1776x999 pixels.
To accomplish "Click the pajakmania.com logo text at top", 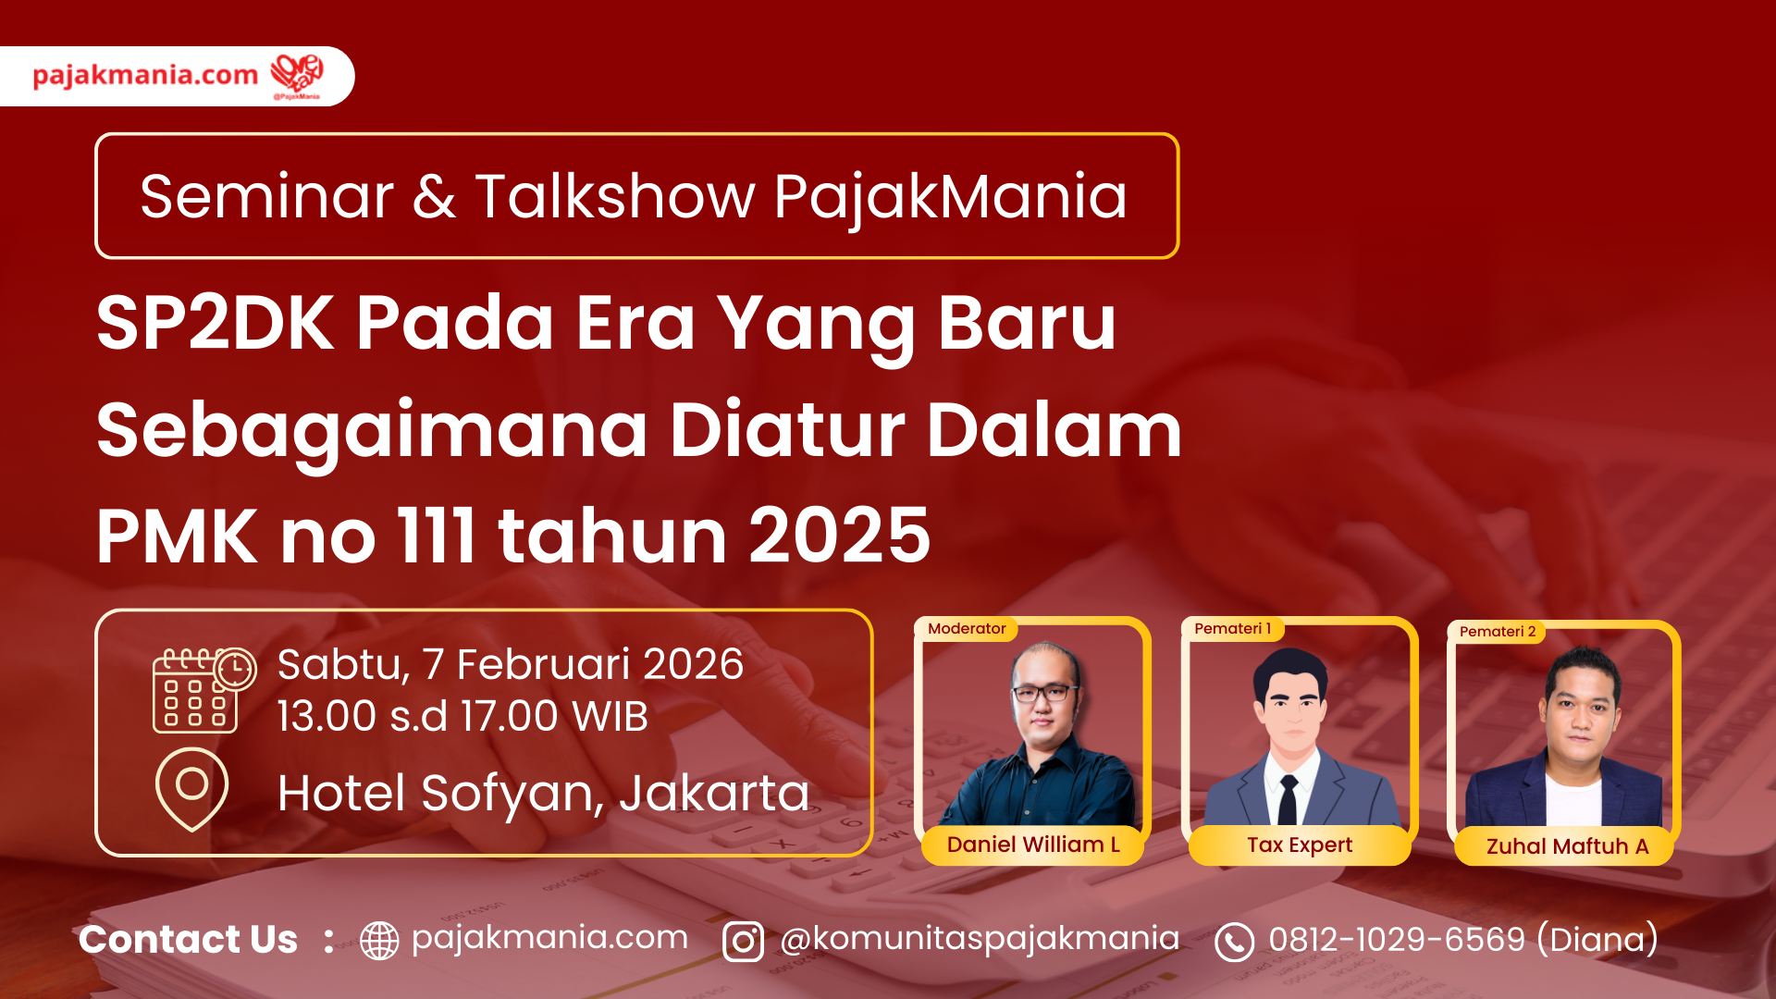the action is point(145,75).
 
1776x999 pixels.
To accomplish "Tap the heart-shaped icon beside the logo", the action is point(297,74).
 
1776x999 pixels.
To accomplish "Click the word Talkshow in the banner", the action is point(615,196).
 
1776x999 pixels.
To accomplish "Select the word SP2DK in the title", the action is point(215,323).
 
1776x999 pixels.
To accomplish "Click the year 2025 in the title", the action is point(839,536).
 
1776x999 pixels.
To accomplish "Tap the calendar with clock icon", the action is point(204,690).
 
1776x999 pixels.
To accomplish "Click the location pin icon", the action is point(191,789).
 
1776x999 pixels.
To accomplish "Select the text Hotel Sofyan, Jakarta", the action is point(543,794).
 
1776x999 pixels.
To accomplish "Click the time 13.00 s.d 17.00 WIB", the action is point(462,716).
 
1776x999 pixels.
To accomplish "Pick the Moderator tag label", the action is point(967,629).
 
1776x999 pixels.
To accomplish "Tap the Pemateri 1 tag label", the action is point(1232,629).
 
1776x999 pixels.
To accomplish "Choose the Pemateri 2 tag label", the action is point(1497,632).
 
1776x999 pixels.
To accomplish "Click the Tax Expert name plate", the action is point(1300,845).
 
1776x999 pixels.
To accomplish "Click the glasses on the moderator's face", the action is point(1045,692).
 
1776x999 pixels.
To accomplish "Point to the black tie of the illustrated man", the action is point(1288,800).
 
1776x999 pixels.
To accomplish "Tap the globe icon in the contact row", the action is point(379,941).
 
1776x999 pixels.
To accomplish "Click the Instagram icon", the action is point(743,942).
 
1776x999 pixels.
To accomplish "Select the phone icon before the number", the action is point(1234,942).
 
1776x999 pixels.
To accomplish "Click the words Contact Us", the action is point(188,940).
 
